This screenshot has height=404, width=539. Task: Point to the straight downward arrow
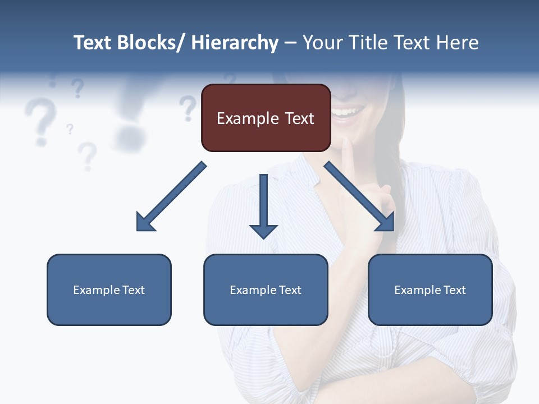pos(263,205)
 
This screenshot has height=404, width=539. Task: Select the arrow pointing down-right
pos(359,196)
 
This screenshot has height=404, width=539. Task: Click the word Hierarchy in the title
pos(235,43)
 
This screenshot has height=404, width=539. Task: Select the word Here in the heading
pos(458,43)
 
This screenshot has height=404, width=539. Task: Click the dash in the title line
pos(290,43)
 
